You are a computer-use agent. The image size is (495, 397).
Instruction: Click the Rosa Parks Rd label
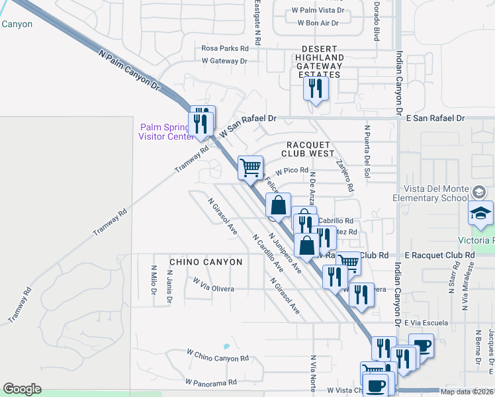click(x=225, y=48)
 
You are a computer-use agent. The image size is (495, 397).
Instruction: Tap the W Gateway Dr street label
click(x=224, y=61)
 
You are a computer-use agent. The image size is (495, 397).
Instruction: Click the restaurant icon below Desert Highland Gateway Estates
click(x=316, y=88)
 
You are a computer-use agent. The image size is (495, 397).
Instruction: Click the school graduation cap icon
click(x=481, y=213)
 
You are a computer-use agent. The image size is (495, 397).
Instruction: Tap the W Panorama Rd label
click(x=211, y=382)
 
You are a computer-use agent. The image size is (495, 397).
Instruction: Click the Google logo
click(x=22, y=389)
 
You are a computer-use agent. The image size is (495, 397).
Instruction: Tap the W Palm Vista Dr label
click(x=318, y=11)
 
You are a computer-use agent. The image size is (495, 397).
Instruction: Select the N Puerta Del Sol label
click(x=366, y=151)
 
